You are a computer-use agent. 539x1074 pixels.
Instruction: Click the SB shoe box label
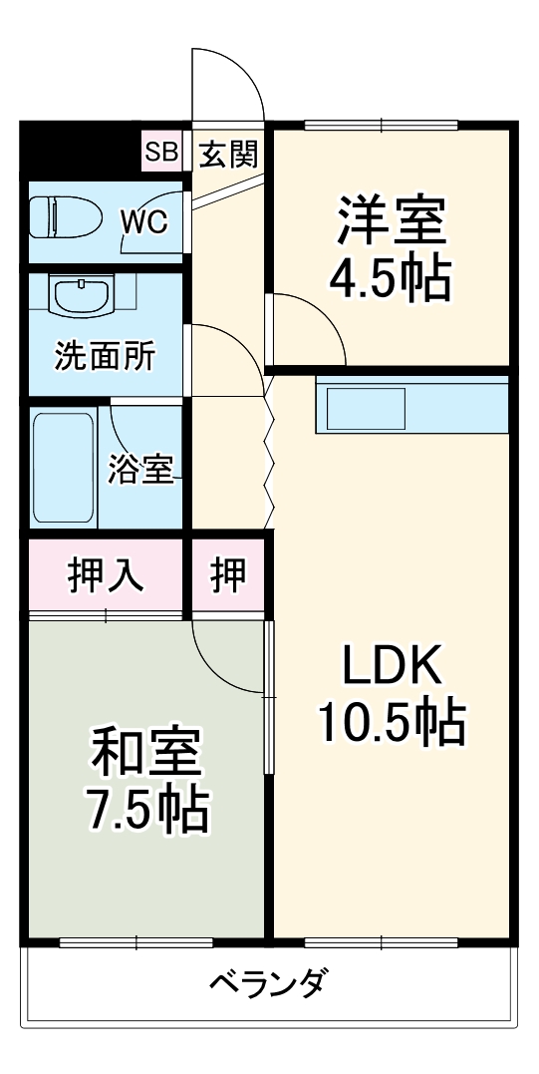click(x=160, y=153)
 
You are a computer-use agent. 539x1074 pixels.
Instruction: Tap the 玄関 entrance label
click(x=228, y=154)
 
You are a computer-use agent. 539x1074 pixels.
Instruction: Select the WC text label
click(x=144, y=221)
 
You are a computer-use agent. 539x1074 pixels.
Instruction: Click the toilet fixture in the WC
click(x=62, y=218)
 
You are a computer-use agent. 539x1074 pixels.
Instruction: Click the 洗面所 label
click(x=104, y=357)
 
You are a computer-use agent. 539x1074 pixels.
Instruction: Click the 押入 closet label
click(x=105, y=576)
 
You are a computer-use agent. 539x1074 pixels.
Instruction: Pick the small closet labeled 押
click(x=228, y=576)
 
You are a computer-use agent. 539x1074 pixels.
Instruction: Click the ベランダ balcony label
click(x=266, y=984)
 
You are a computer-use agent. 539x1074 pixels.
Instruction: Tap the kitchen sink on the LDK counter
click(x=361, y=409)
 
